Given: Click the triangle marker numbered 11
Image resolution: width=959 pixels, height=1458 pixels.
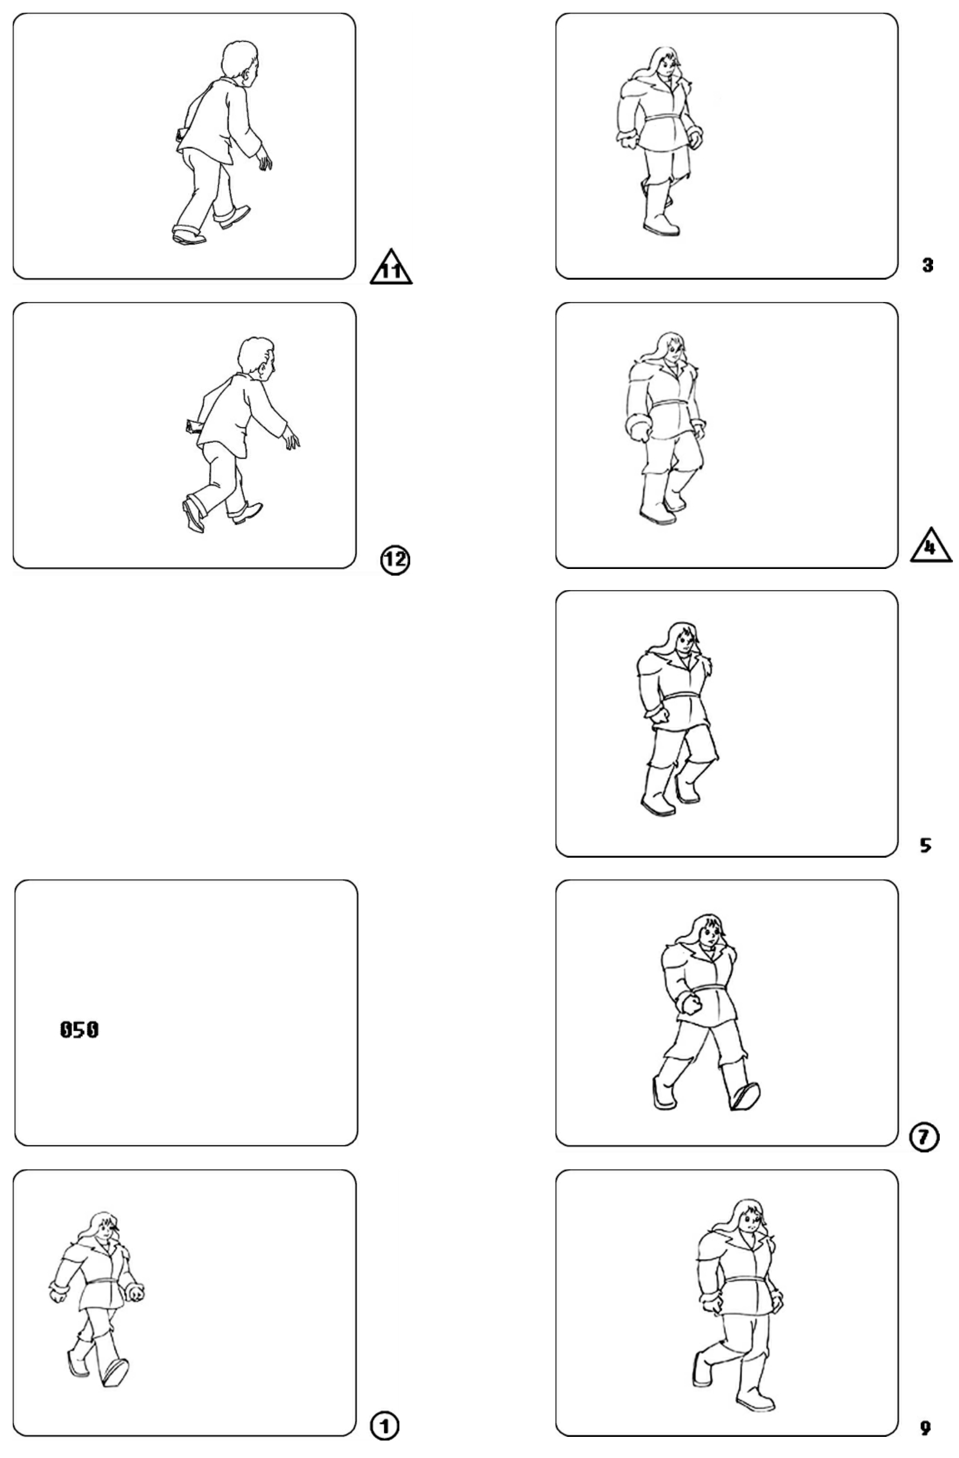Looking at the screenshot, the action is [x=391, y=267].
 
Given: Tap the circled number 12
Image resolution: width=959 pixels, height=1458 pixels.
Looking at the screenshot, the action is [x=395, y=560].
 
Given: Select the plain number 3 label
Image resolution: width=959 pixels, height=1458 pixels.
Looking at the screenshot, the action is [x=928, y=265].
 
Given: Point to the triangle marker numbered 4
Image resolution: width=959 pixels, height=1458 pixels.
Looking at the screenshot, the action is [x=930, y=545].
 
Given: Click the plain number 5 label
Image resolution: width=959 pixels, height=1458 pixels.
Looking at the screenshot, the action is [x=926, y=846].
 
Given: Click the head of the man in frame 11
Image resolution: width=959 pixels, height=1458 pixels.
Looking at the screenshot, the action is [x=239, y=60].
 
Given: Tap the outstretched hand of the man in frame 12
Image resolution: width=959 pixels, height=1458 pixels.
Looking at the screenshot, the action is [x=291, y=438].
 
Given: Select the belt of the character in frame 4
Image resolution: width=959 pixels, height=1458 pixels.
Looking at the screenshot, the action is [x=671, y=405].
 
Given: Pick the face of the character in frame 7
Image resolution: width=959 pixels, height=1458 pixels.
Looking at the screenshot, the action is [x=709, y=935].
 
